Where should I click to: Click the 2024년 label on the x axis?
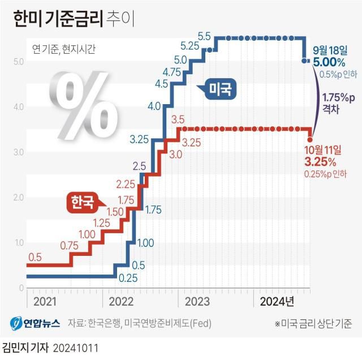click(x=277, y=301)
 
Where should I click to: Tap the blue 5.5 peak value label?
click(x=204, y=36)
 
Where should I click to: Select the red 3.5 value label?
click(x=178, y=119)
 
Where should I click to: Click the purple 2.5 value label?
click(x=140, y=166)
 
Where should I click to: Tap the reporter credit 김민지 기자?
click(x=25, y=346)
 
